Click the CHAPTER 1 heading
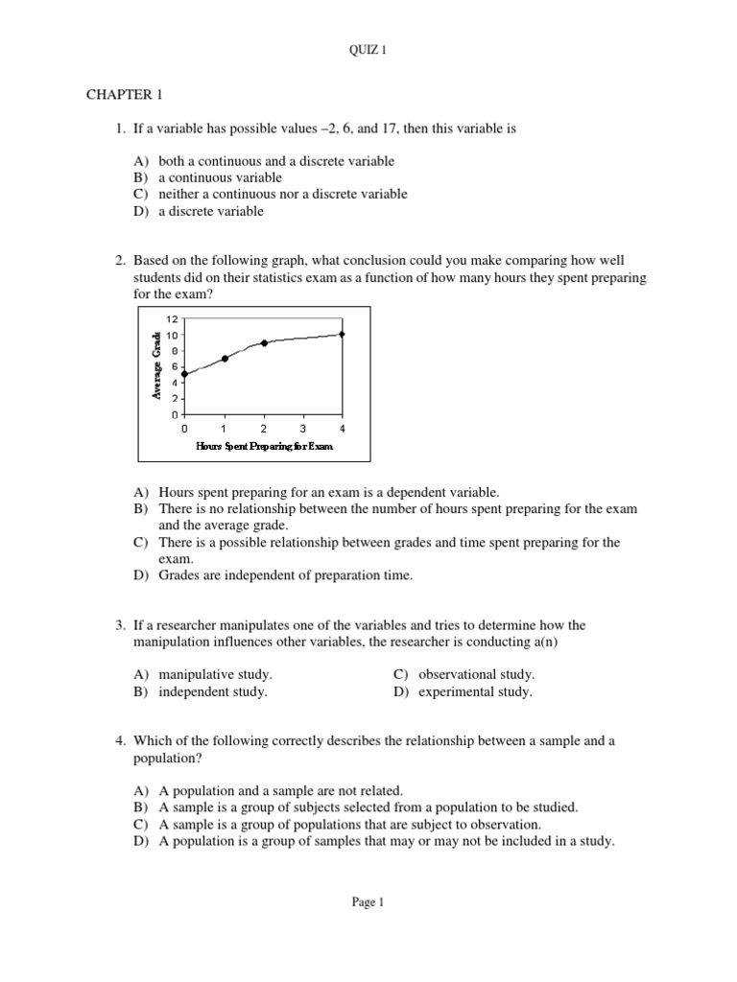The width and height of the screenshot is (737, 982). (120, 96)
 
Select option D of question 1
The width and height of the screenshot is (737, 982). (211, 211)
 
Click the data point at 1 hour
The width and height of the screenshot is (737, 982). (224, 359)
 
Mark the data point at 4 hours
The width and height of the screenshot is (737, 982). (342, 334)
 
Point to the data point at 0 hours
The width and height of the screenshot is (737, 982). (183, 374)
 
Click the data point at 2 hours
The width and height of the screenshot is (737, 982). (264, 342)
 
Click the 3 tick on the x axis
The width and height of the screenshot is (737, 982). (302, 428)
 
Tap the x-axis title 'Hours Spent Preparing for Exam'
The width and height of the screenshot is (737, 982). (264, 446)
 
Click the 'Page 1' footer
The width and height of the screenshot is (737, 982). (368, 901)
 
